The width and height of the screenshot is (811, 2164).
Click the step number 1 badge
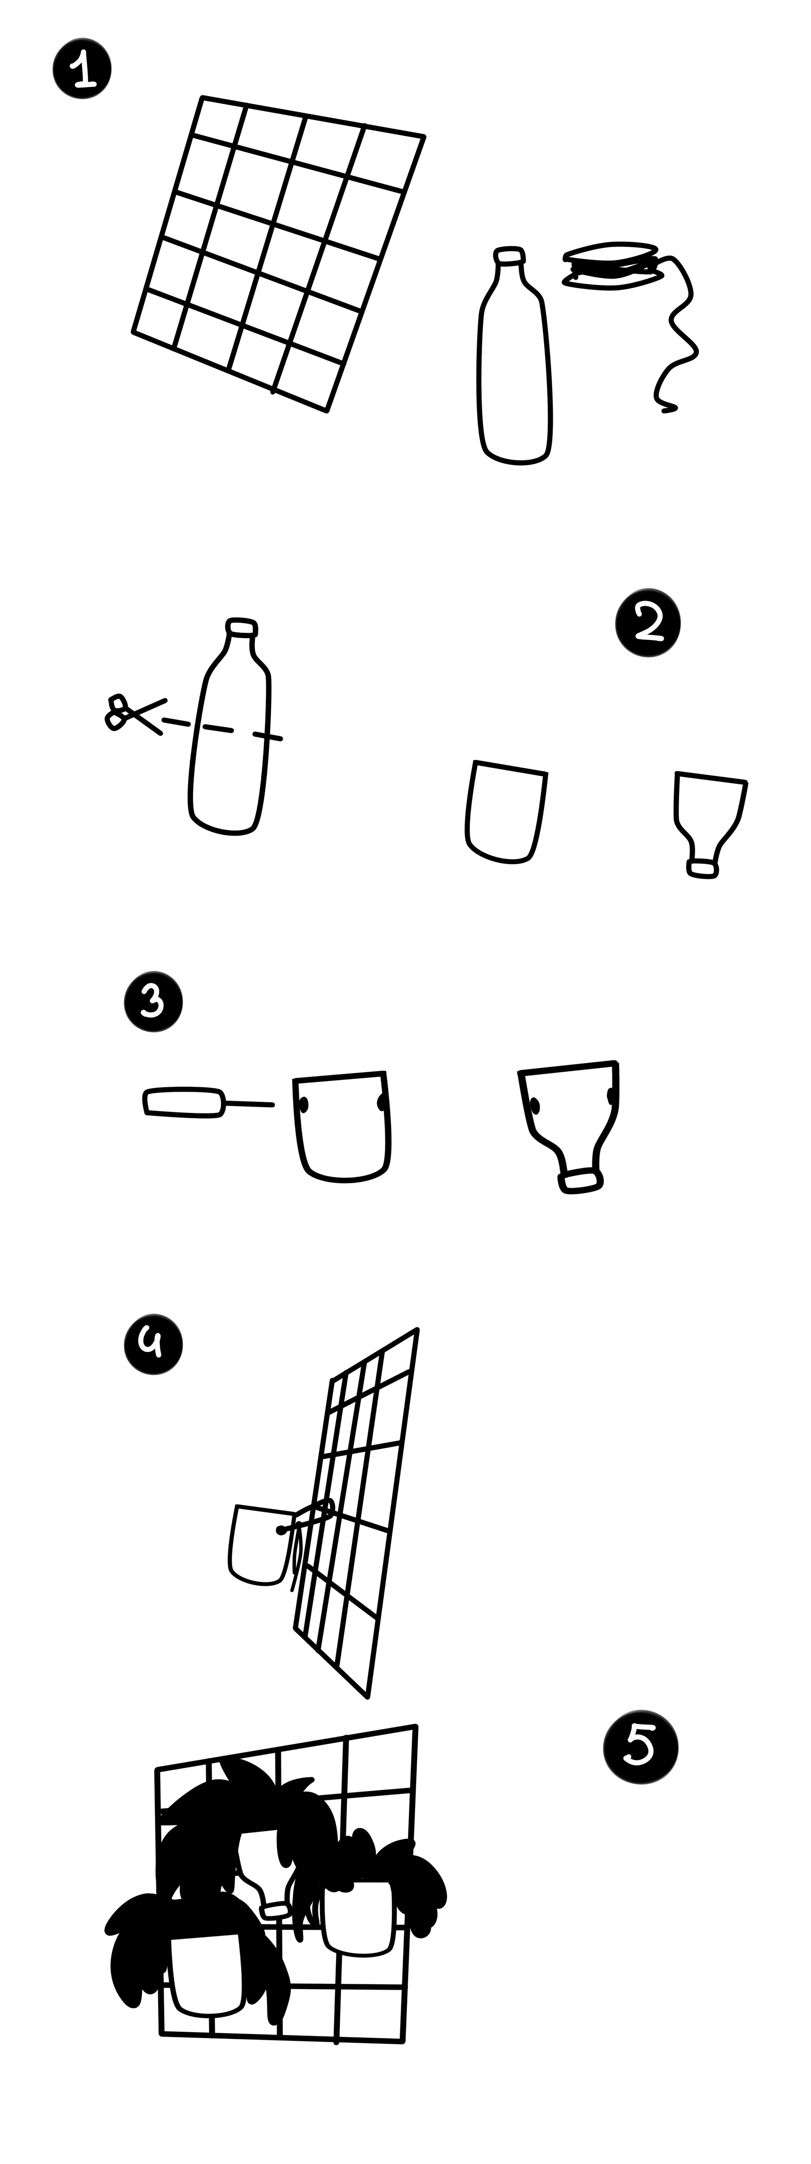tap(82, 71)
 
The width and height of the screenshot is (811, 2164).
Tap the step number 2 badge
tap(647, 624)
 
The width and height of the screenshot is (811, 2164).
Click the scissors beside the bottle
tap(134, 715)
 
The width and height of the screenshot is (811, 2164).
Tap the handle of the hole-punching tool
tap(185, 1102)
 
